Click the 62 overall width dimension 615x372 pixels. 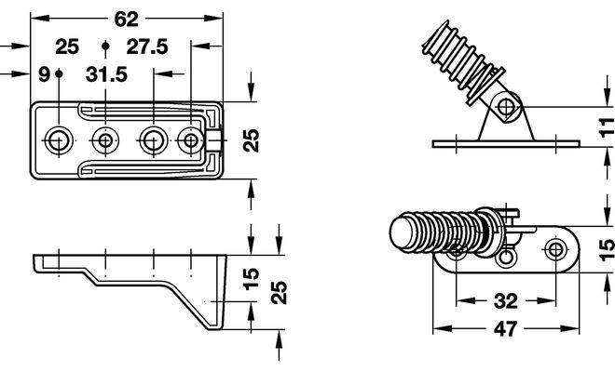[x=126, y=19]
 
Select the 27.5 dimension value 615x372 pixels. [x=147, y=46]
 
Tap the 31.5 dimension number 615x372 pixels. [x=106, y=74]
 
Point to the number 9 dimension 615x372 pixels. [x=45, y=74]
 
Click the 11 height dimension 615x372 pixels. [x=607, y=127]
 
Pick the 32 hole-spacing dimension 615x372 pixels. [x=506, y=301]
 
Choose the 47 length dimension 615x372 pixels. [x=506, y=329]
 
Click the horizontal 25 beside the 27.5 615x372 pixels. [x=67, y=46]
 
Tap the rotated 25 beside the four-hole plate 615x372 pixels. [x=252, y=140]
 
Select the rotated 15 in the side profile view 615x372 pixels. [x=252, y=278]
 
